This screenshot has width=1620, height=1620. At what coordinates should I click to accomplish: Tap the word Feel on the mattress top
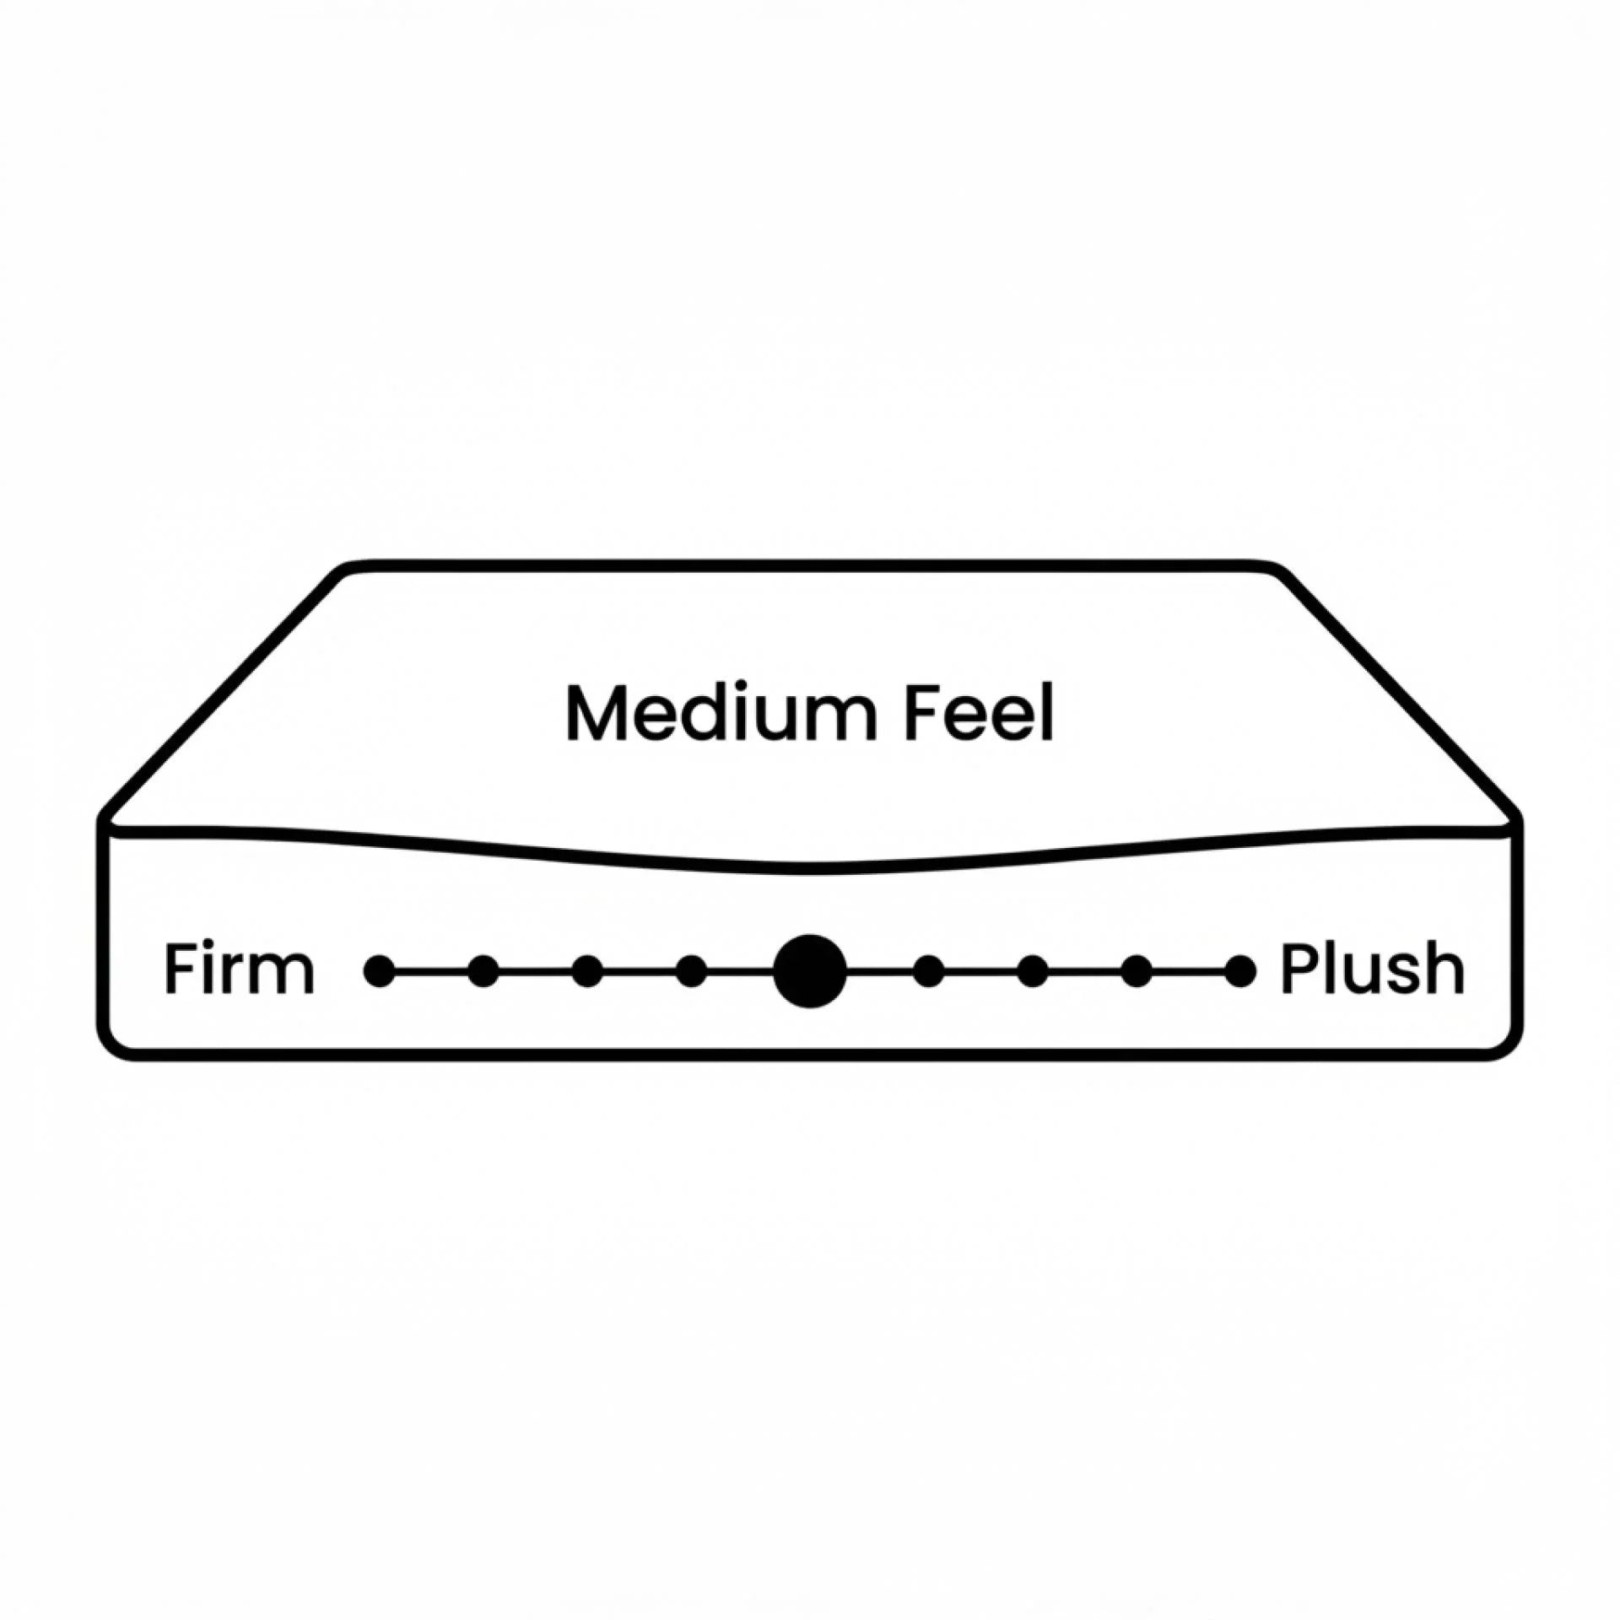(x=979, y=714)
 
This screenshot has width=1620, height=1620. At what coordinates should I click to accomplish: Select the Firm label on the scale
(x=239, y=970)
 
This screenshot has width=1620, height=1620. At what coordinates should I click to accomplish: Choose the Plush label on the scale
(x=1372, y=970)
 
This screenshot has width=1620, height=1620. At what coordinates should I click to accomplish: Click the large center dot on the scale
(x=810, y=971)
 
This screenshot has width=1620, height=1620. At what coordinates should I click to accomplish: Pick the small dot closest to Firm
(x=379, y=971)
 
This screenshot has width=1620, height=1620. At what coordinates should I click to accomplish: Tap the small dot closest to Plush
(x=1240, y=971)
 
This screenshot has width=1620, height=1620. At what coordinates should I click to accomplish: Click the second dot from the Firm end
(x=483, y=971)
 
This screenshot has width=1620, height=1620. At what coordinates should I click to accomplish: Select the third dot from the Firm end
(x=587, y=971)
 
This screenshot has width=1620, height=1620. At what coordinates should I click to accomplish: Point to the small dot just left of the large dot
(x=692, y=971)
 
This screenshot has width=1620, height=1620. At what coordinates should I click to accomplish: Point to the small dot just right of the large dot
(x=929, y=971)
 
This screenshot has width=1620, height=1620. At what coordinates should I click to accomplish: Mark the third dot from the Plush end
(x=1033, y=971)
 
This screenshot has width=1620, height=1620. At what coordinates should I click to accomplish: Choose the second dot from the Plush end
(x=1137, y=971)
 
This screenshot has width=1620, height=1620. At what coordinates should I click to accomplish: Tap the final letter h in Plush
(x=1446, y=970)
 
